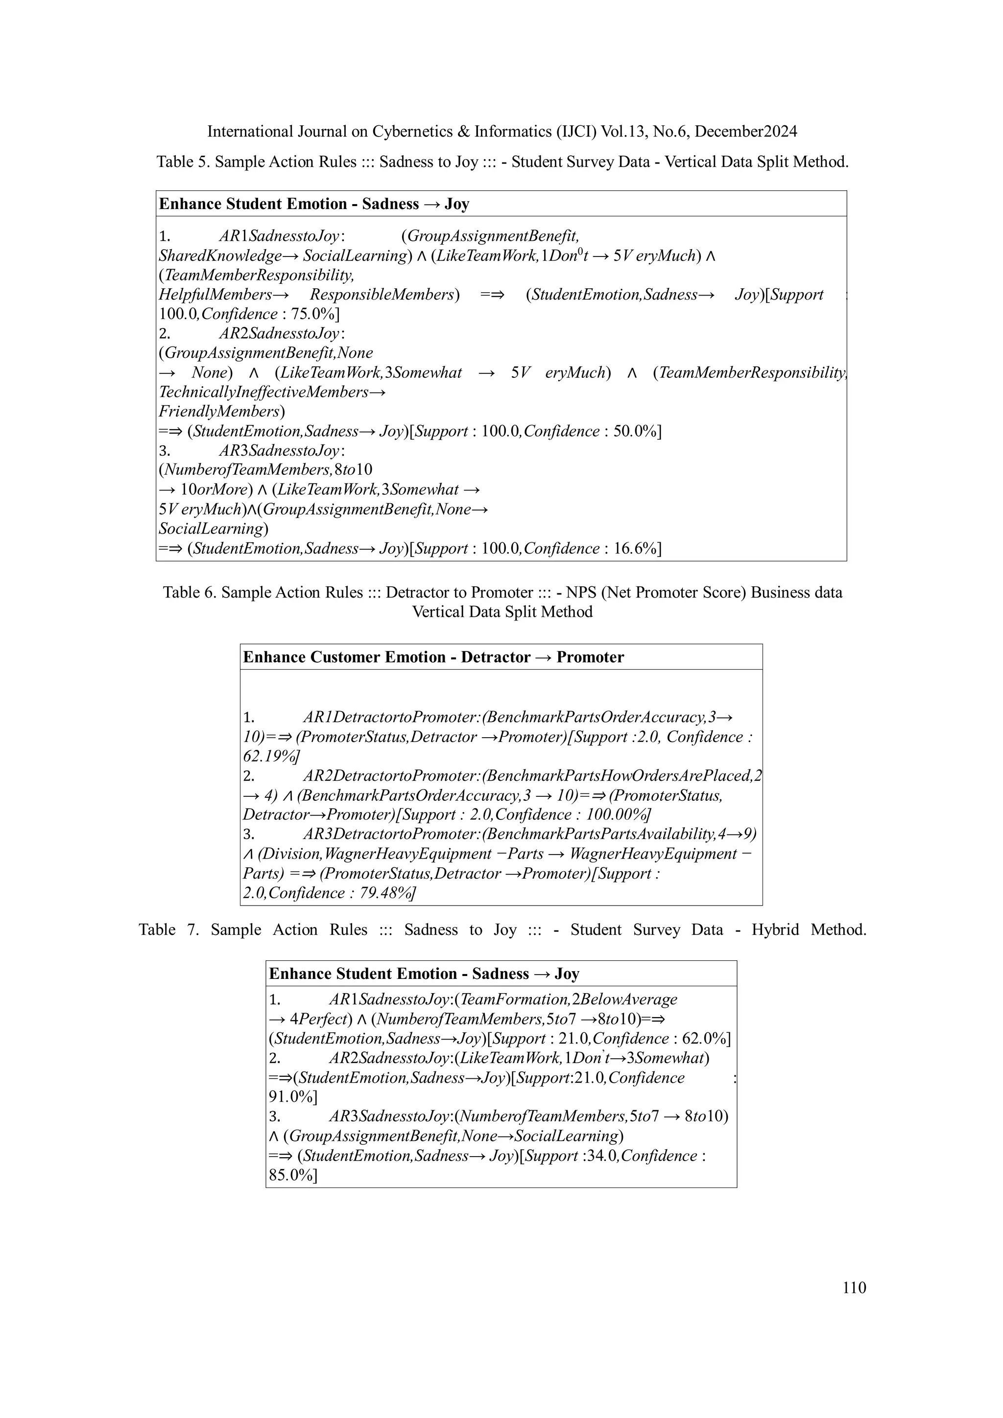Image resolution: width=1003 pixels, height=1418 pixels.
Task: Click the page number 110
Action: coord(854,1288)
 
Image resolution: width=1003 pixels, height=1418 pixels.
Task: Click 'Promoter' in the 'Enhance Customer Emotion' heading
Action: coord(590,657)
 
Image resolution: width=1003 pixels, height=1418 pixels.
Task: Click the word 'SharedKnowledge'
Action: coord(220,256)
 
